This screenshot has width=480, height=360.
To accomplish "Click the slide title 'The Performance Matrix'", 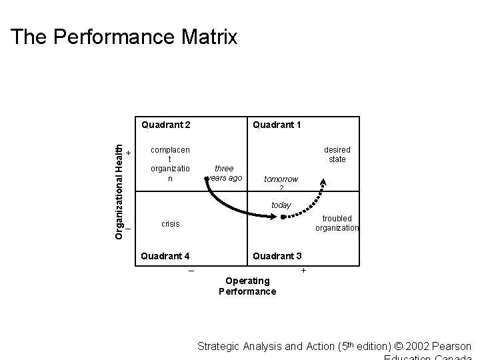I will tap(124, 37).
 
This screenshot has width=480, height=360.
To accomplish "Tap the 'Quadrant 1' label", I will tap(276, 125).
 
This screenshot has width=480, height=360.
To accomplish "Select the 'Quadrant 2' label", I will tap(166, 125).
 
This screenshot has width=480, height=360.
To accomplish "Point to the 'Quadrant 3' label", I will tap(276, 256).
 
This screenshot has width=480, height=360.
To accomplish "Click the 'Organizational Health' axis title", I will tap(119, 183).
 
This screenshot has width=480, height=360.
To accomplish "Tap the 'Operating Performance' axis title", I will tap(247, 285).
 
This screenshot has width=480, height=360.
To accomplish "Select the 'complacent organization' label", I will tap(170, 165).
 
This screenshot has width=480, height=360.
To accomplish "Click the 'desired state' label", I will tap(337, 155).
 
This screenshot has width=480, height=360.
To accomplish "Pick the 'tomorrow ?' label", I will tap(281, 183).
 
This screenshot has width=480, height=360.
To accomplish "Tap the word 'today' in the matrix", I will tap(281, 205).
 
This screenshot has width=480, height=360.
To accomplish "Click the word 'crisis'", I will tap(170, 224).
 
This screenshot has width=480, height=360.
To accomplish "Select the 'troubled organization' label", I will tap(337, 223).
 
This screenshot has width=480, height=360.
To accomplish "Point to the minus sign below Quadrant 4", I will tap(191, 271).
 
